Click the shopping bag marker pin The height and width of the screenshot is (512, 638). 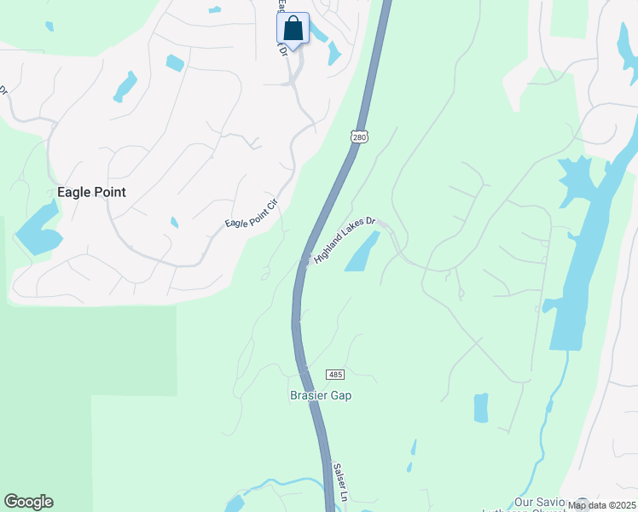pyautogui.click(x=293, y=29)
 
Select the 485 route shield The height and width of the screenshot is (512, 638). pyautogui.click(x=335, y=375)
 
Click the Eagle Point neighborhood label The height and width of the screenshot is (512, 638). pyautogui.click(x=91, y=193)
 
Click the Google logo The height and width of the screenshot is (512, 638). pyautogui.click(x=28, y=502)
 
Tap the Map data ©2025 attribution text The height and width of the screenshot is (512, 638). pyautogui.click(x=601, y=505)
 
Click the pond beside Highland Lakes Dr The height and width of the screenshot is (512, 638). pyautogui.click(x=362, y=253)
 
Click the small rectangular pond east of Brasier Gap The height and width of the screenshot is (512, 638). pyautogui.click(x=481, y=408)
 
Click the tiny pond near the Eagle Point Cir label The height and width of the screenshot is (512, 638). pyautogui.click(x=174, y=223)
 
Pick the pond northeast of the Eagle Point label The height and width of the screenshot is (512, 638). pyautogui.click(x=125, y=85)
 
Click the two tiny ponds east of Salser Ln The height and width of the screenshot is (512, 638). pyautogui.click(x=412, y=455)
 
